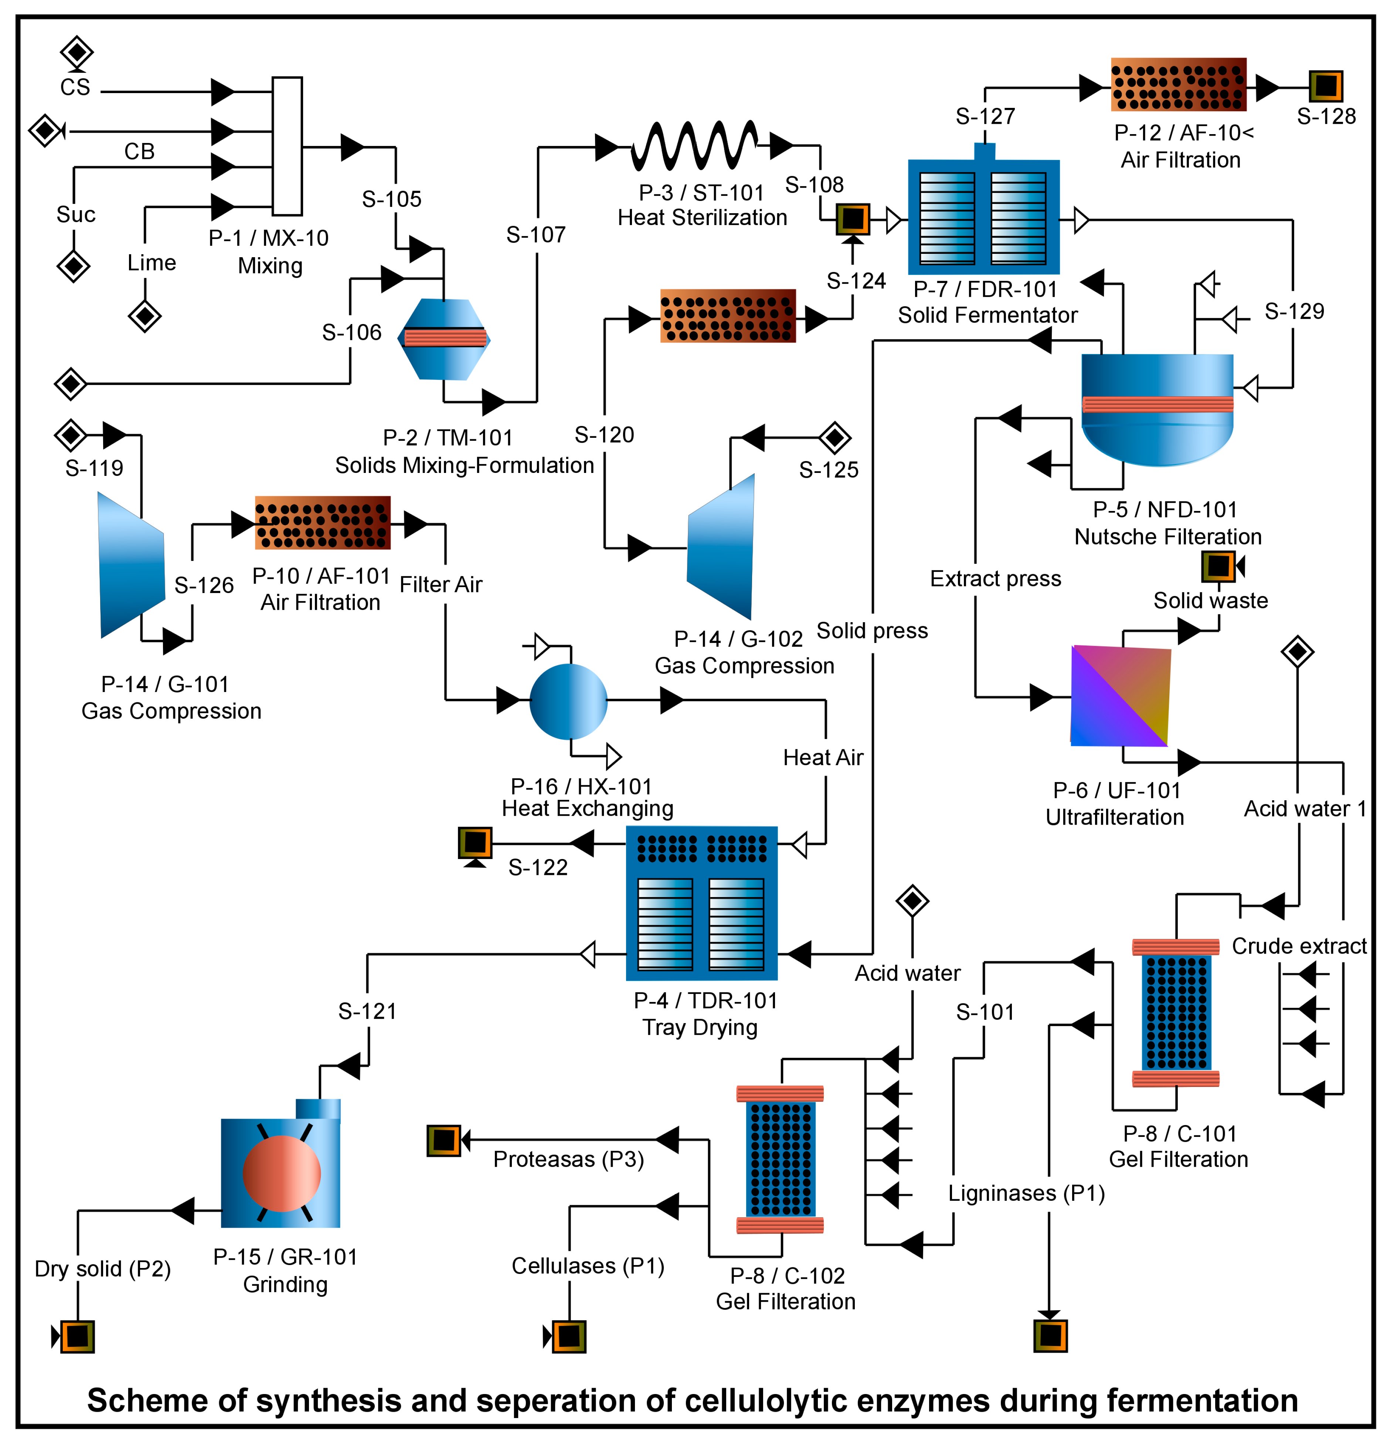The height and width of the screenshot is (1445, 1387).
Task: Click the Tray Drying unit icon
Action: tap(701, 903)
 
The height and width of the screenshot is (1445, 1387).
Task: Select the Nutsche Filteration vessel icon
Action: tap(1157, 409)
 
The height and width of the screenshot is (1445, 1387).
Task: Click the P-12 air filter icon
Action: tap(1178, 85)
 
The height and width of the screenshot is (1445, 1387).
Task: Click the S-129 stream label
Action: tap(1294, 311)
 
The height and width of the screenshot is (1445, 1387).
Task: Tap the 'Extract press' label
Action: tap(996, 579)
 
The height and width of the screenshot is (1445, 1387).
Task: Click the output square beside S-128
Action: tap(1326, 86)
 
